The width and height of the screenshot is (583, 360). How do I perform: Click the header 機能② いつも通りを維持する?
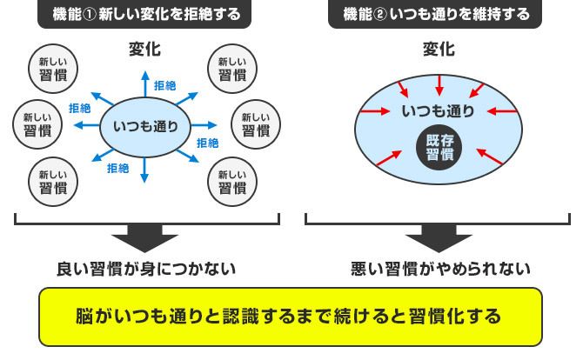pyautogui.click(x=435, y=15)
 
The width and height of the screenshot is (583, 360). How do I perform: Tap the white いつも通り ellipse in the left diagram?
pyautogui.click(x=146, y=126)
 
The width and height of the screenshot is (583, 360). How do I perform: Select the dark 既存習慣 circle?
pyautogui.click(x=439, y=149)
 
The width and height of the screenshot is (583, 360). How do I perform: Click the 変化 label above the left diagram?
pyautogui.click(x=144, y=50)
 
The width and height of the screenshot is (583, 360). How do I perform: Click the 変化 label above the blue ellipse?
pyautogui.click(x=437, y=50)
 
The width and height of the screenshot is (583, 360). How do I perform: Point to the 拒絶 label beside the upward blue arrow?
pyautogui.click(x=165, y=86)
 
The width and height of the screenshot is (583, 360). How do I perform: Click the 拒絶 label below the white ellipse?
pyautogui.click(x=118, y=167)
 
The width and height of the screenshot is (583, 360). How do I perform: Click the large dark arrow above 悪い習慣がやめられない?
pyautogui.click(x=439, y=237)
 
